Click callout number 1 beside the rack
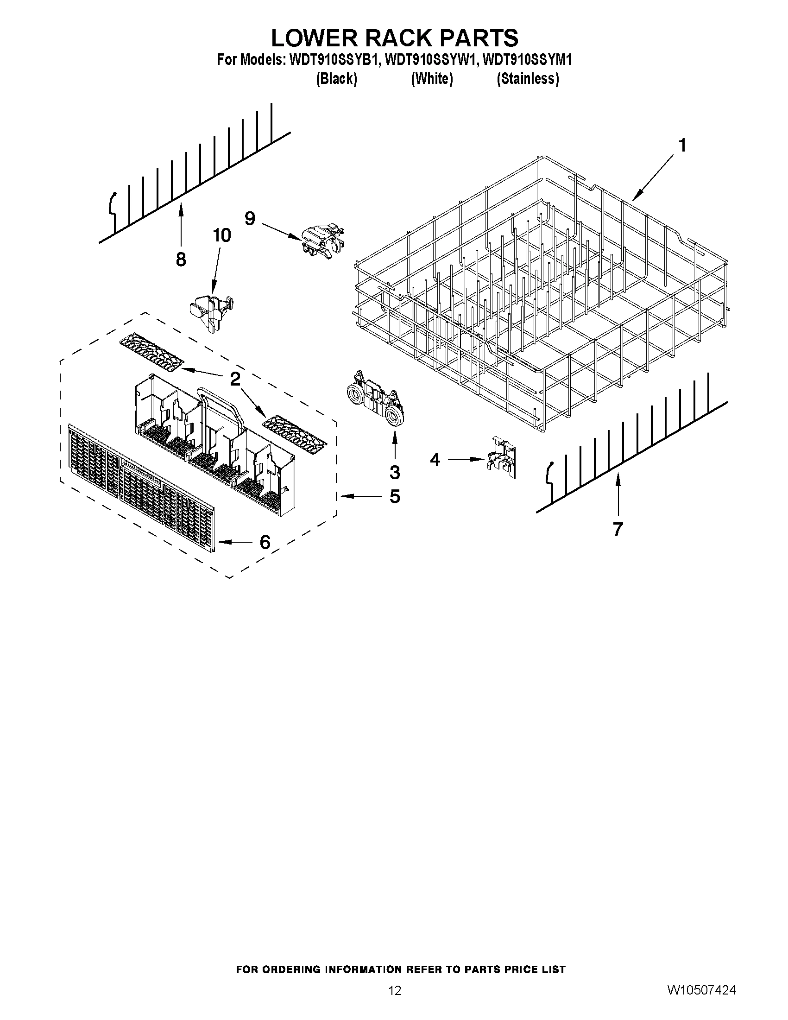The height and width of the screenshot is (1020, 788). [682, 146]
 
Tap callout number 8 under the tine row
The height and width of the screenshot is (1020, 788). [181, 259]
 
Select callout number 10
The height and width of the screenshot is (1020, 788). [222, 235]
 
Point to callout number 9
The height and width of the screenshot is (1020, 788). [250, 218]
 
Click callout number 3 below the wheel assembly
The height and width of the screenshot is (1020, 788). [395, 472]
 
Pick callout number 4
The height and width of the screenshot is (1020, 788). [435, 460]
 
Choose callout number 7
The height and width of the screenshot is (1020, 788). [618, 529]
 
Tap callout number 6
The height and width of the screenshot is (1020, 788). [265, 542]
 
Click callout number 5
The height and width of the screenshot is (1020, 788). [395, 496]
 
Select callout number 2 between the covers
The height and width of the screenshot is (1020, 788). [235, 379]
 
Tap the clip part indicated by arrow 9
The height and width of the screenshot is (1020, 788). [323, 241]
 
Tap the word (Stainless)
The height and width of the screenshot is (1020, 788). [528, 79]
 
